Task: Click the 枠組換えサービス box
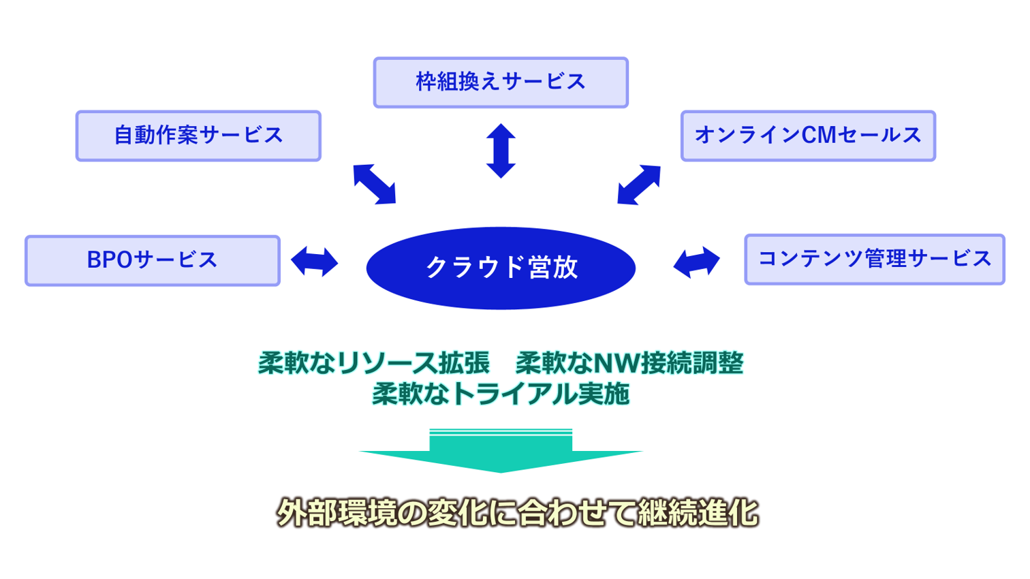click(501, 82)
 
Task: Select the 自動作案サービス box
click(198, 136)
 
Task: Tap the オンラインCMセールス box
click(808, 136)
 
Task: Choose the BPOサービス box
click(153, 260)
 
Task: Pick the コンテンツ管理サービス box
click(875, 260)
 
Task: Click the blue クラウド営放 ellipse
click(501, 268)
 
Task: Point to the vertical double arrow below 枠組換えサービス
click(501, 151)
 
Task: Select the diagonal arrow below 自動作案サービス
click(374, 184)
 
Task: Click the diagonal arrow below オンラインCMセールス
click(639, 184)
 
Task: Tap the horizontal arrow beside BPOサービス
click(314, 262)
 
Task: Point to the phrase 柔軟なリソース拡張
click(374, 363)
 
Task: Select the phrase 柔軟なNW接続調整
click(629, 363)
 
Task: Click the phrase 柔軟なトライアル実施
click(501, 394)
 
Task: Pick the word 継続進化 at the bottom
click(698, 513)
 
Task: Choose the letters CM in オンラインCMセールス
click(818, 136)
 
